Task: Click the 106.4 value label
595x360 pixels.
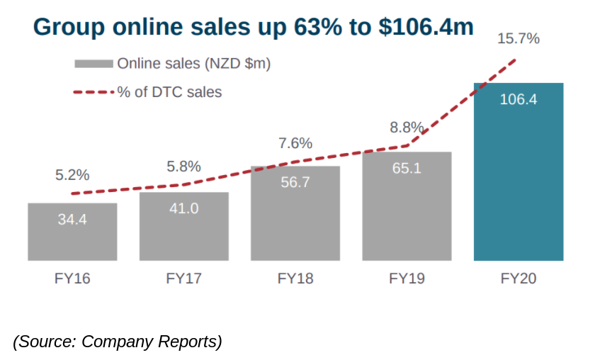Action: (x=518, y=99)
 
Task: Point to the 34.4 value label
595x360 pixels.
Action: (x=72, y=220)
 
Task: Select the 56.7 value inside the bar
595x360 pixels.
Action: (x=295, y=182)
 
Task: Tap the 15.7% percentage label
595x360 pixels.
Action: (x=518, y=39)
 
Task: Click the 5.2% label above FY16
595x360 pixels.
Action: (x=72, y=174)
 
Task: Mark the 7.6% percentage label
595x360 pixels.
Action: (x=295, y=143)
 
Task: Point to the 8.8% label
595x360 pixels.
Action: (x=407, y=128)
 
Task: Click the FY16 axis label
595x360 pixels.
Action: (x=72, y=279)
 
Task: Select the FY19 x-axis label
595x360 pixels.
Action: (x=407, y=279)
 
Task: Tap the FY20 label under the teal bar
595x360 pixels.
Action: (x=518, y=279)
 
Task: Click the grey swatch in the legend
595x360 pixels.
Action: (x=93, y=64)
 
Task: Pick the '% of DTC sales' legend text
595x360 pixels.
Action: (x=169, y=92)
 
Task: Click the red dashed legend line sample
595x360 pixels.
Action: (x=93, y=92)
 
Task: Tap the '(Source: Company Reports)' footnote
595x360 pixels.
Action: (x=118, y=341)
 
